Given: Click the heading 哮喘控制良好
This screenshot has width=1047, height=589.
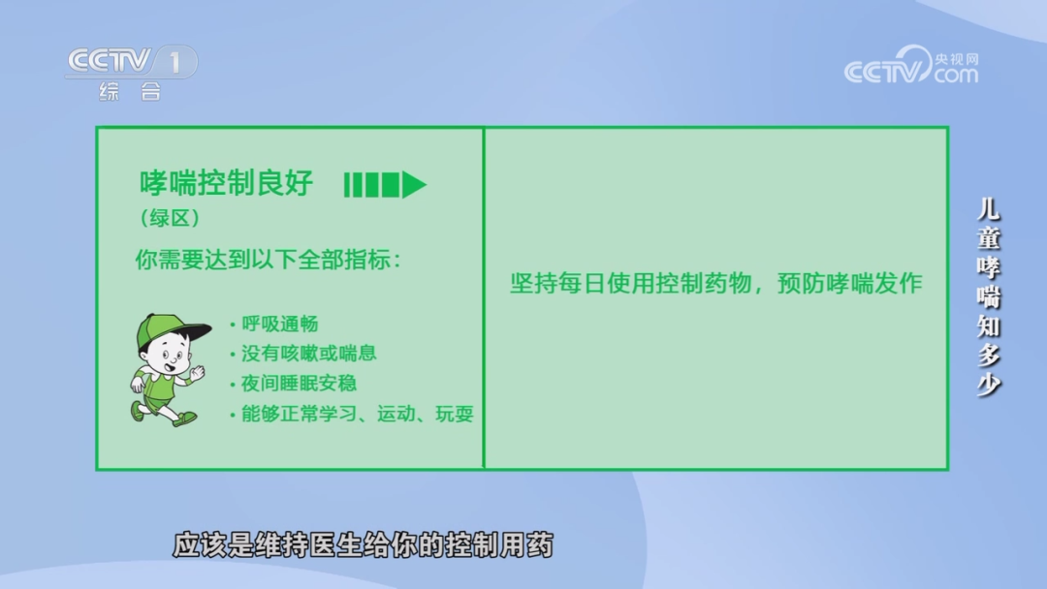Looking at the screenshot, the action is [x=226, y=183].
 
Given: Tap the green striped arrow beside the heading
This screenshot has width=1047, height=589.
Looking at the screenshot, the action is [x=385, y=185].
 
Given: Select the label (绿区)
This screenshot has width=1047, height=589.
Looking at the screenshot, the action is [x=170, y=218].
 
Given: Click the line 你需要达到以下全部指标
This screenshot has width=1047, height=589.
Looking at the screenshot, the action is [x=268, y=260].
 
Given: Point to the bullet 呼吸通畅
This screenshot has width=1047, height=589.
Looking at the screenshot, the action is [x=273, y=325].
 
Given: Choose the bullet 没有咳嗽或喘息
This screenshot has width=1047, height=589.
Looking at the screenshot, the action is [x=303, y=354].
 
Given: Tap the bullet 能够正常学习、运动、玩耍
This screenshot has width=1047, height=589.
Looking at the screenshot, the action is [x=351, y=415].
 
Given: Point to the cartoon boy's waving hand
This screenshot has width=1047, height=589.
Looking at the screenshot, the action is [x=197, y=373].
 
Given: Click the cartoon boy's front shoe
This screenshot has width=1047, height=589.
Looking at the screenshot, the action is [x=185, y=418].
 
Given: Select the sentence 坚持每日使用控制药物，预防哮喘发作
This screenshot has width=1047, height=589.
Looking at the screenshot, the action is [x=715, y=284].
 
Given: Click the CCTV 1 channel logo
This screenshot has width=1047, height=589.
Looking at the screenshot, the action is [x=132, y=62].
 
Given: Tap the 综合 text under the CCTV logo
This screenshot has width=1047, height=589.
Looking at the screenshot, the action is [x=130, y=91].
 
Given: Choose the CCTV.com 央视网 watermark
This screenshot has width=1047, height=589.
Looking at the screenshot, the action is [x=911, y=65].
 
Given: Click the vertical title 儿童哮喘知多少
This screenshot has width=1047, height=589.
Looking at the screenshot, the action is [x=988, y=296].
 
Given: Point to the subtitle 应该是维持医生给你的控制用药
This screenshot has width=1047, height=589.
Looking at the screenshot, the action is [x=364, y=545].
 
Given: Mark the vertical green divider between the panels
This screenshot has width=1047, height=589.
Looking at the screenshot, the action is [x=484, y=298].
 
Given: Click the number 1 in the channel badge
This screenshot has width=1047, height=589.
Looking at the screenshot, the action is [x=174, y=63].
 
